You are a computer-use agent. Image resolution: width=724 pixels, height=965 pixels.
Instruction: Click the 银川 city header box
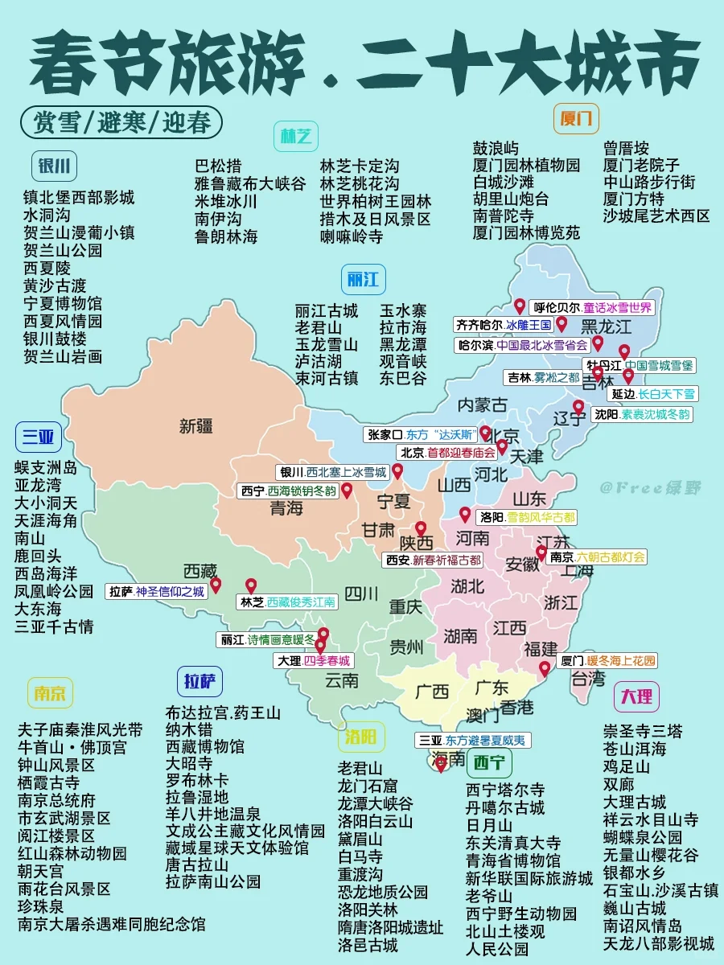[55, 167]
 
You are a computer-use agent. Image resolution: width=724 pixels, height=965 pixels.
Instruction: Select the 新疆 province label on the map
[196, 425]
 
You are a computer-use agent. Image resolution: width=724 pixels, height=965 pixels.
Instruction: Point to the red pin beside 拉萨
[216, 587]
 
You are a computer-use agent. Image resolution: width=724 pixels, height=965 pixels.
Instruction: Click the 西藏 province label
[200, 571]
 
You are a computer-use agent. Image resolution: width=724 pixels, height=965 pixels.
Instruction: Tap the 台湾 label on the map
[587, 679]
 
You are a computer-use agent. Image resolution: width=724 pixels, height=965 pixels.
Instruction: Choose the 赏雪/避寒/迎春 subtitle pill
[123, 122]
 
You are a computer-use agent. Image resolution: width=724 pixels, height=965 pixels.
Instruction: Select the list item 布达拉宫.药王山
[223, 712]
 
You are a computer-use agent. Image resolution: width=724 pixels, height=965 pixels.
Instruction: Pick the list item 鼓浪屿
[496, 148]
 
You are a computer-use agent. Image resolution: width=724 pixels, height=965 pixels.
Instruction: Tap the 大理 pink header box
[636, 696]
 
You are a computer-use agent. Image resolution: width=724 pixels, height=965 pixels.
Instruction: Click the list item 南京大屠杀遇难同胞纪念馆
[111, 925]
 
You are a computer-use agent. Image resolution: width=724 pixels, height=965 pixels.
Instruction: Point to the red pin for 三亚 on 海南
[441, 764]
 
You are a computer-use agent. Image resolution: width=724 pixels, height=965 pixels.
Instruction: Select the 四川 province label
[361, 594]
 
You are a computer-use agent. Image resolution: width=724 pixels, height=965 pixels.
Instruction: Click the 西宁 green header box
[490, 761]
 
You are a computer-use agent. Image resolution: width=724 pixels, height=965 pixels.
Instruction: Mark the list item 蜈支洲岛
[46, 466]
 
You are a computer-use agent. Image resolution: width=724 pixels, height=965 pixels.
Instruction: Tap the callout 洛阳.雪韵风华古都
[528, 517]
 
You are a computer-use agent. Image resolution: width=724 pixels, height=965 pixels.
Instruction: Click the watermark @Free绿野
[649, 487]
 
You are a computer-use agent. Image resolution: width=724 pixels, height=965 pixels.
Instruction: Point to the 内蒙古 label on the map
[483, 404]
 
